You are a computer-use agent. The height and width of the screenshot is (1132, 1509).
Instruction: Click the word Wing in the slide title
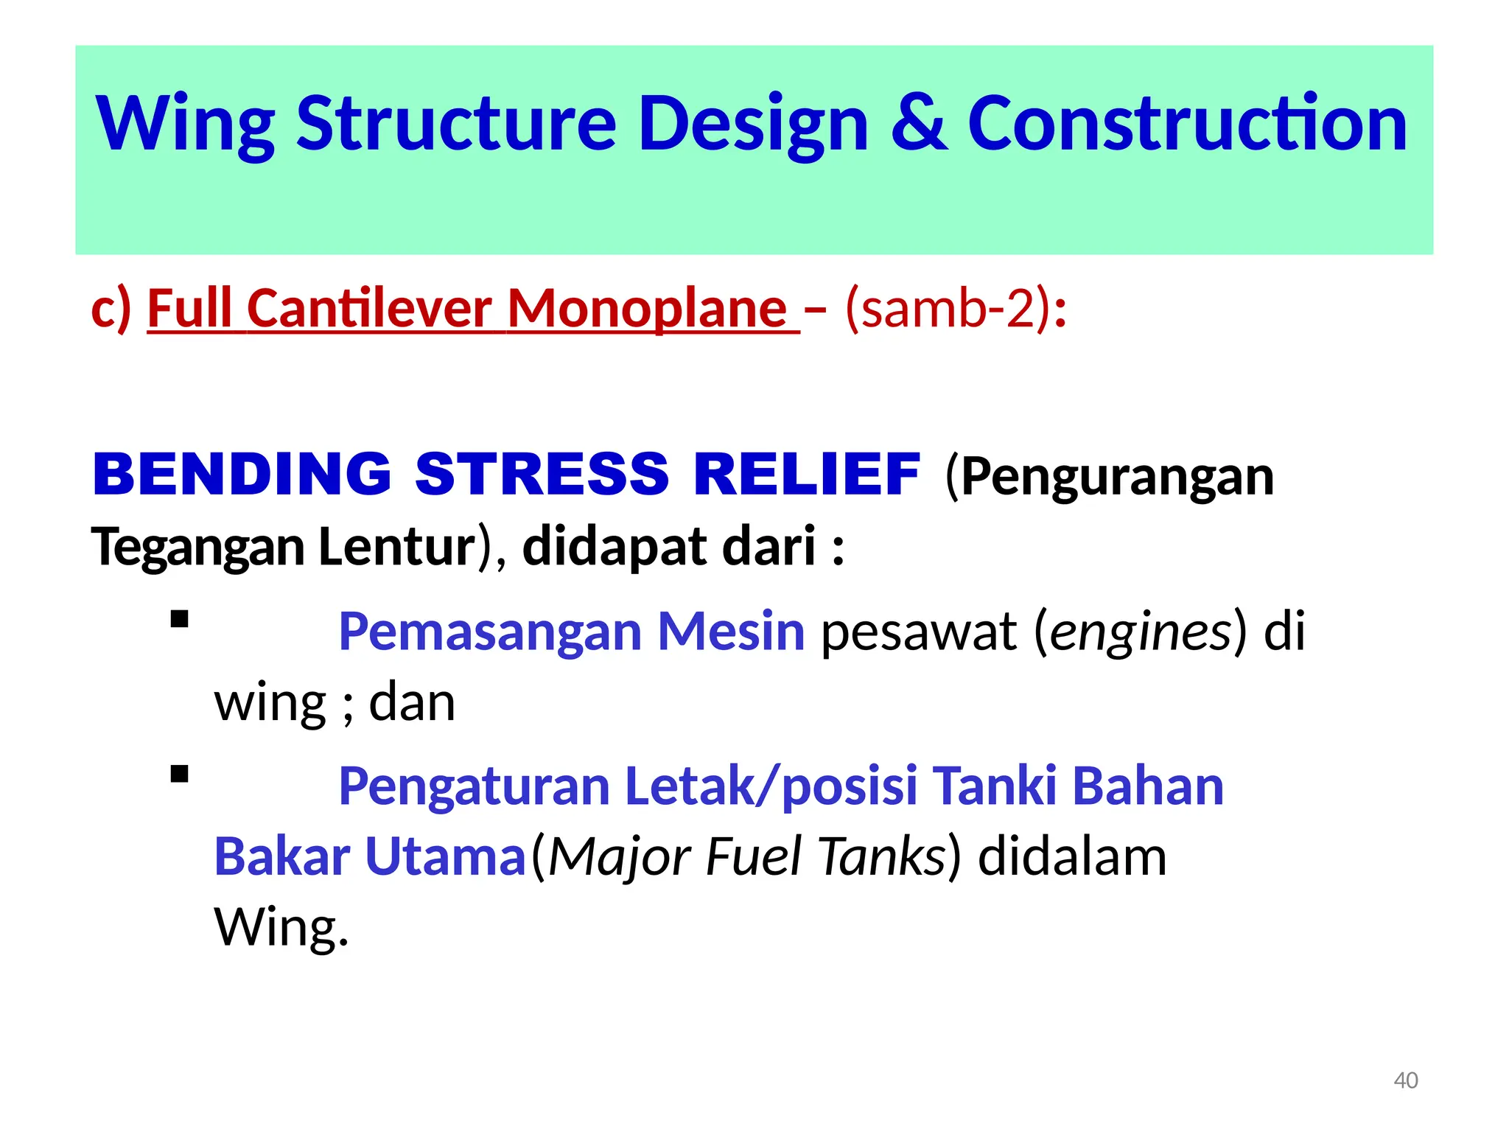(186, 124)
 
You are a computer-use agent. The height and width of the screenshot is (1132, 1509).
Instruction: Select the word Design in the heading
(753, 124)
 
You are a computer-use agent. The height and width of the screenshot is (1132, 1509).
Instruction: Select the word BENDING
(242, 474)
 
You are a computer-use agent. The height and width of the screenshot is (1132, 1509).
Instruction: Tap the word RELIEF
(807, 474)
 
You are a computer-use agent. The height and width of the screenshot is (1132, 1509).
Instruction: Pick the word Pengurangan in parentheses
(1116, 477)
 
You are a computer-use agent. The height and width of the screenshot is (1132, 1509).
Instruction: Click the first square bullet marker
(179, 619)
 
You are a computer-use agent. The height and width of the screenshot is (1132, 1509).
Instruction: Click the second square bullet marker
(179, 774)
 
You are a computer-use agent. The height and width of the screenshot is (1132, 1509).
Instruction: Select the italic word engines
(1141, 632)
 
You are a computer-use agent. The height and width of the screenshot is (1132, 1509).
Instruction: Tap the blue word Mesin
(731, 632)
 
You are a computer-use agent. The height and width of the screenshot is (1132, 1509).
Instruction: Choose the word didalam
(1072, 857)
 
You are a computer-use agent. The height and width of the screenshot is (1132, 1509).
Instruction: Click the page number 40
(1406, 1080)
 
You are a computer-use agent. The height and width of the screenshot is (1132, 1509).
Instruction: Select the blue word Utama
(445, 857)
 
